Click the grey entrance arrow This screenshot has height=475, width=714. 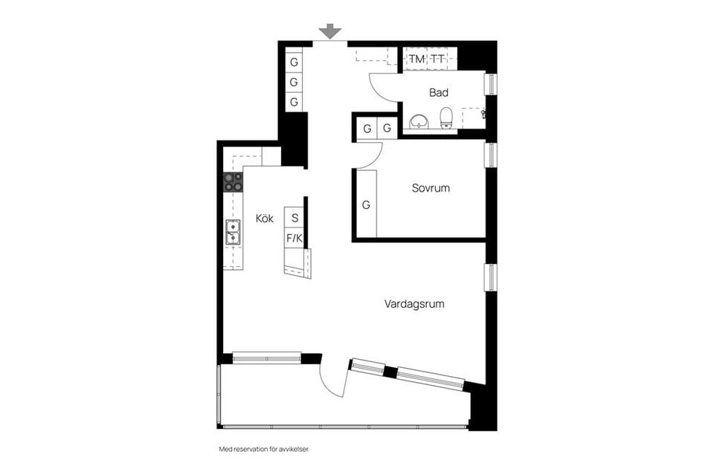tap(329, 31)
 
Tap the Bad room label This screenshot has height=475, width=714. tap(439, 93)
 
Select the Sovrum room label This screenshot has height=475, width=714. tap(431, 188)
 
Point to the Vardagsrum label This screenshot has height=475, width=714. tap(414, 304)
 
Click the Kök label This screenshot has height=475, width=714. tap(265, 219)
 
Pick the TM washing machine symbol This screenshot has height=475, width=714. tap(416, 59)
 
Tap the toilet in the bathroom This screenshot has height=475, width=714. tap(446, 117)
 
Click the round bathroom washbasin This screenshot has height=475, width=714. tap(419, 121)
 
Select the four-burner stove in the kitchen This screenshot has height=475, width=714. tap(233, 182)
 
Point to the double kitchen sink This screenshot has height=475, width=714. tap(233, 233)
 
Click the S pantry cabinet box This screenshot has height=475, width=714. tap(295, 218)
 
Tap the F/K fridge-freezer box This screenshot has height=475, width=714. tap(295, 239)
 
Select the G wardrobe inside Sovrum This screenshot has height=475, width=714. tap(366, 204)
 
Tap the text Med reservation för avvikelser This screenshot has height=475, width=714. tap(264, 450)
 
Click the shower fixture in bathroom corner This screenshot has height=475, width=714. tap(483, 114)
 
